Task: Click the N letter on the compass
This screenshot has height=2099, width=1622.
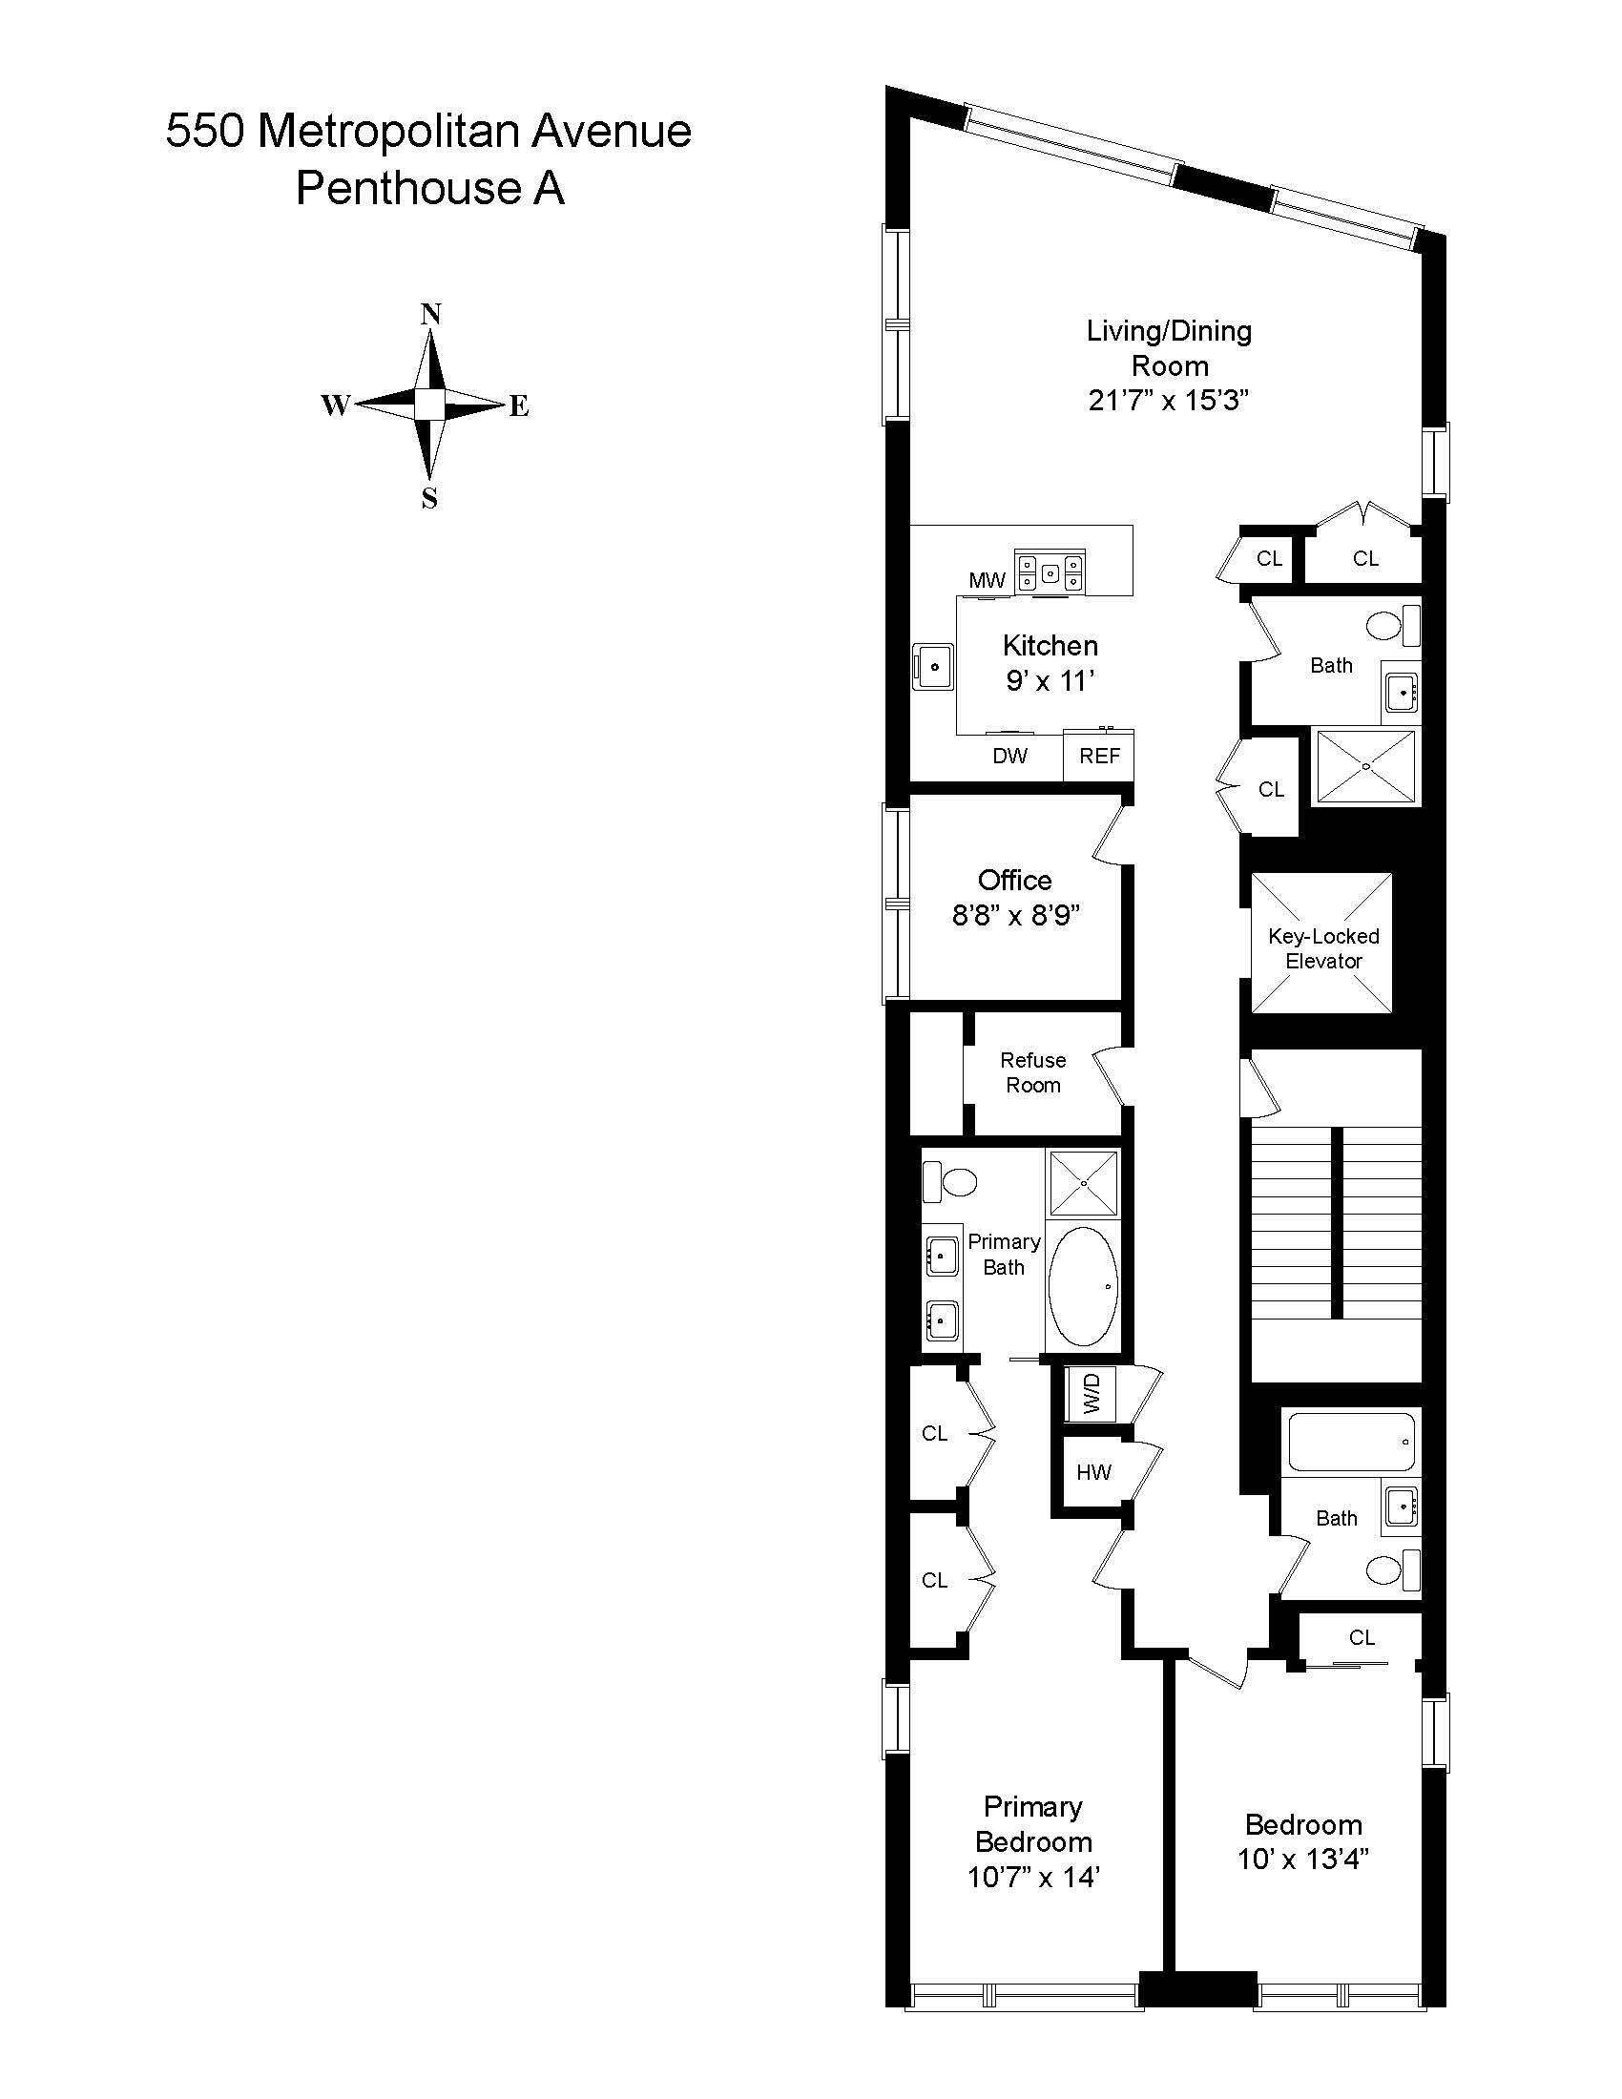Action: tap(431, 313)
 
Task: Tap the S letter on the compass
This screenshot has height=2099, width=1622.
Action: tap(429, 499)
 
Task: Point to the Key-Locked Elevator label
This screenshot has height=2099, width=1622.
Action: tap(1322, 948)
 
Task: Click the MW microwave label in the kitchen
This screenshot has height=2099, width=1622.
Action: tap(987, 579)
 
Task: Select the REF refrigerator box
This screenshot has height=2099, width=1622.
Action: tap(1099, 756)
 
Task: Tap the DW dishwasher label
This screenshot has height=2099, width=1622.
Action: tap(1009, 756)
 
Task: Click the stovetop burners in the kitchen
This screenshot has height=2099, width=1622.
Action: tap(1051, 572)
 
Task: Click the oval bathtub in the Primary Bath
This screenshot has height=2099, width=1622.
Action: tap(1083, 1286)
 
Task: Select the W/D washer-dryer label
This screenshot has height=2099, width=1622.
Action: tap(1092, 1394)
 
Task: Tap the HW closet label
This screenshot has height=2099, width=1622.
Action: tap(1093, 1471)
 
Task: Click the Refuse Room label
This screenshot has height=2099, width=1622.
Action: tap(1033, 1072)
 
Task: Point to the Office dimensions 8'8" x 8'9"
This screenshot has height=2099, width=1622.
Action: tap(1016, 915)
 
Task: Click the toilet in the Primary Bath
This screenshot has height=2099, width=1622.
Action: tap(948, 1181)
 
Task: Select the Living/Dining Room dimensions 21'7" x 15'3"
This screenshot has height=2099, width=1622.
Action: tap(1169, 400)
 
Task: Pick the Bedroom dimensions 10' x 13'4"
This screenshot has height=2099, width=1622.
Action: tap(1303, 1859)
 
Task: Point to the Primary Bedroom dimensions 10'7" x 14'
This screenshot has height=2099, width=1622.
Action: tap(1033, 1876)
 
